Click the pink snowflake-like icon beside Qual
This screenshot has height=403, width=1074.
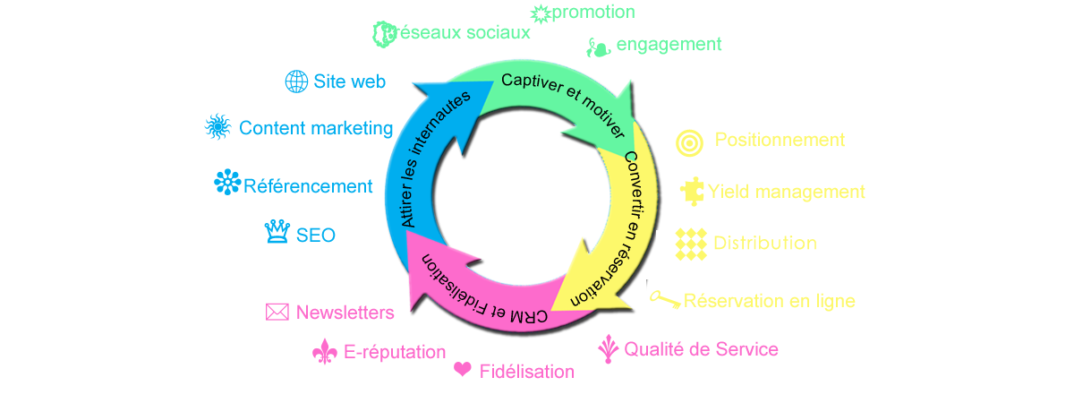pyautogui.click(x=609, y=349)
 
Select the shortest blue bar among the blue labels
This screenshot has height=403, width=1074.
pyautogui.click(x=315, y=235)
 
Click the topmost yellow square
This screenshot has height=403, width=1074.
pyautogui.click(x=689, y=142)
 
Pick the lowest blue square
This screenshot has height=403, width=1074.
pyautogui.click(x=277, y=231)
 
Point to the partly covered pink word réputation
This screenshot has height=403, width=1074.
pyautogui.click(x=395, y=353)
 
